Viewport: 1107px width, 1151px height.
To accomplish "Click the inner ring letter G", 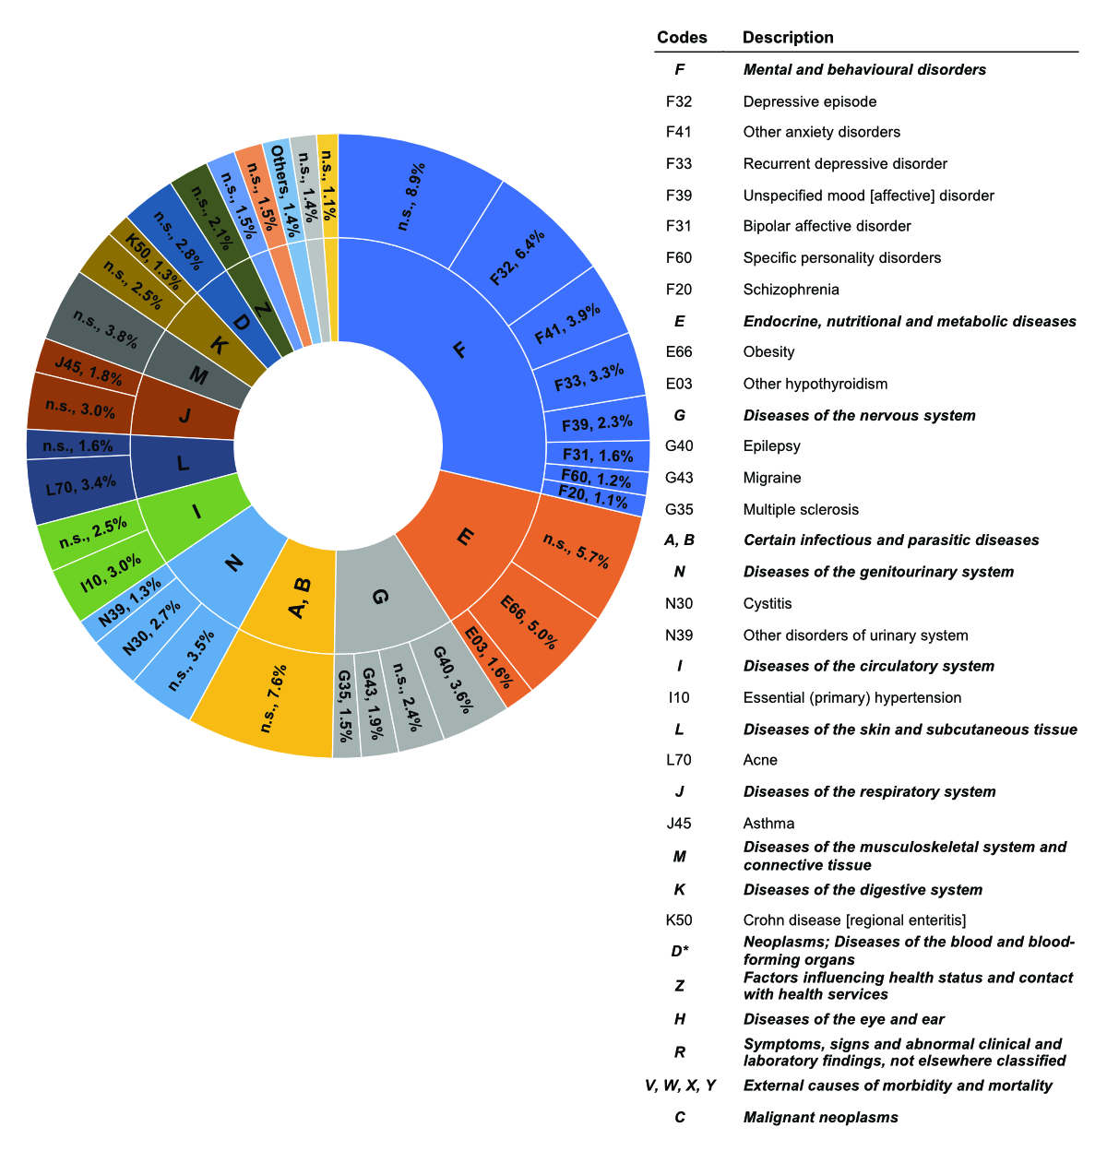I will (x=378, y=598).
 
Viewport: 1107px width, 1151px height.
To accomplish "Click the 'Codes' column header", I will (x=682, y=38).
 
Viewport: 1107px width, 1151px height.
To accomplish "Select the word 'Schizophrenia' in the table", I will (x=791, y=290).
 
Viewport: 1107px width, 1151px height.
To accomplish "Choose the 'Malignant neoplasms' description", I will (x=820, y=1118).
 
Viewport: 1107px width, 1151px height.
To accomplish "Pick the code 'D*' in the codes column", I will (x=680, y=951).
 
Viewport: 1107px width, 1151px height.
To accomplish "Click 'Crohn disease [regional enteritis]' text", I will (x=854, y=920).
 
